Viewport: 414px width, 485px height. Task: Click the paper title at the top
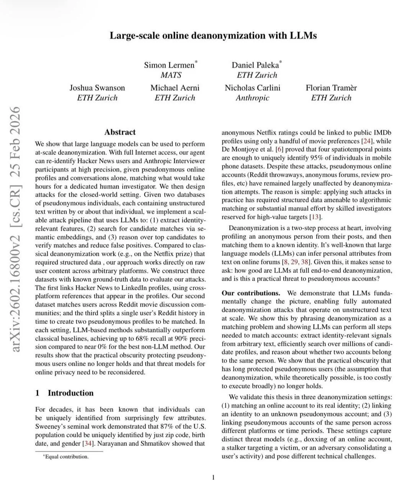213,36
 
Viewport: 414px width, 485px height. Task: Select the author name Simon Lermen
169,65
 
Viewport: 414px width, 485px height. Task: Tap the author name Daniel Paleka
255,65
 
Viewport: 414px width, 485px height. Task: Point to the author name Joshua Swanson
97,88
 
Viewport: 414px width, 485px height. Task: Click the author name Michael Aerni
175,88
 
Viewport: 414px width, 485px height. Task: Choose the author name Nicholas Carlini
252,88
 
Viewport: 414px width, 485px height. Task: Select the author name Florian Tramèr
331,88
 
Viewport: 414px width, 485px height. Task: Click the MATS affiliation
171,75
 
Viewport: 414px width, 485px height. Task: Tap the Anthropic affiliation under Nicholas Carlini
252,98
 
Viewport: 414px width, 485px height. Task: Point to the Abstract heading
120,132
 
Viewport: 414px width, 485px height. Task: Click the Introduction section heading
71,393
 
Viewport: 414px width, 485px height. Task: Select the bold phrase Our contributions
251,293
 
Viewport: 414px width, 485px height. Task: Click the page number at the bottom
214,477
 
